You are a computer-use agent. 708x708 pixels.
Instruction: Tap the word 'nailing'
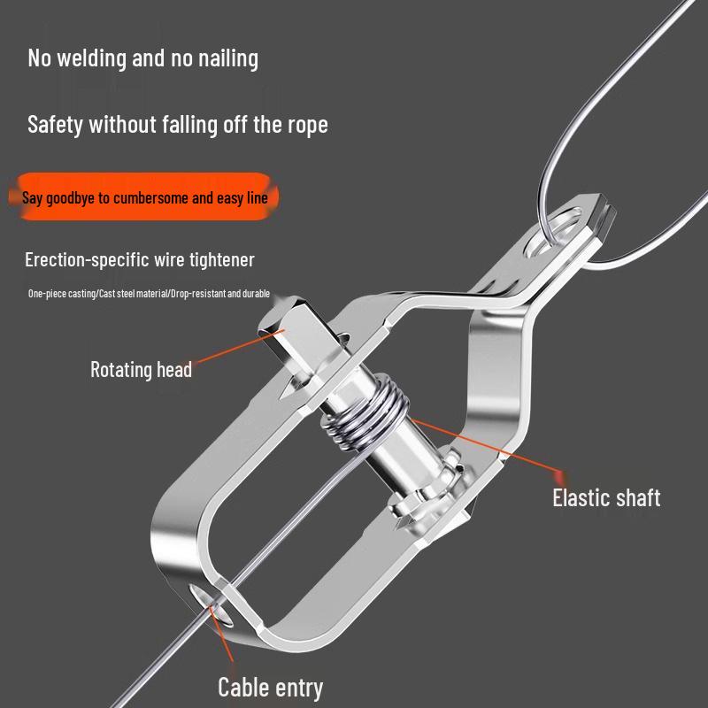[x=228, y=58]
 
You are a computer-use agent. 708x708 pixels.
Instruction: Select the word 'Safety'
[x=55, y=125]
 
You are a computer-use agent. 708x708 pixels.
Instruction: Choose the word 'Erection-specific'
[x=87, y=260]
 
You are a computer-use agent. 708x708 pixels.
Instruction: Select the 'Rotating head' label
[x=142, y=369]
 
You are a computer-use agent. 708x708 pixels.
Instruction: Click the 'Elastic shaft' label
[x=606, y=498]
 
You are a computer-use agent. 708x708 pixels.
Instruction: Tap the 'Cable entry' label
[x=271, y=688]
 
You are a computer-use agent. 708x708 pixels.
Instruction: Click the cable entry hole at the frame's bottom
[x=212, y=605]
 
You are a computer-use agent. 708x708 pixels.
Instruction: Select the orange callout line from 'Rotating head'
[x=240, y=346]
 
